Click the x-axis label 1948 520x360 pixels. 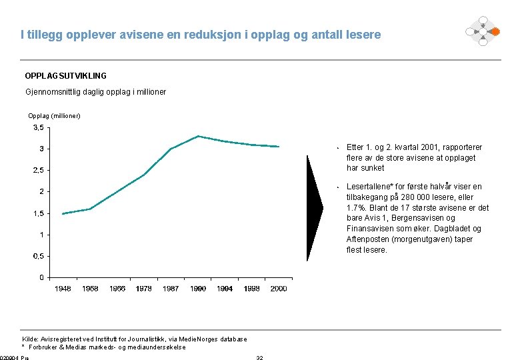click(x=63, y=289)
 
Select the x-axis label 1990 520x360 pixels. click(x=198, y=289)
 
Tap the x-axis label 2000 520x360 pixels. click(x=279, y=289)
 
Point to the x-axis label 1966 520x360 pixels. click(x=117, y=289)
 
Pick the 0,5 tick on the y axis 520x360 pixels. click(x=39, y=256)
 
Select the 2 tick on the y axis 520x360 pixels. click(x=41, y=191)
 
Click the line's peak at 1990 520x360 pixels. click(x=198, y=136)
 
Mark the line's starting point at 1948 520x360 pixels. click(x=63, y=213)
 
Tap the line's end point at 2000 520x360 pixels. click(x=279, y=147)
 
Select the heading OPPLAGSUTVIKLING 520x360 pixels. click(x=65, y=76)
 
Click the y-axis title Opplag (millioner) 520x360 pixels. click(x=54, y=116)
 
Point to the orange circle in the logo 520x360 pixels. click(x=495, y=31)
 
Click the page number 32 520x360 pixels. click(x=260, y=358)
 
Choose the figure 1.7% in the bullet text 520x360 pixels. click(x=357, y=207)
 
